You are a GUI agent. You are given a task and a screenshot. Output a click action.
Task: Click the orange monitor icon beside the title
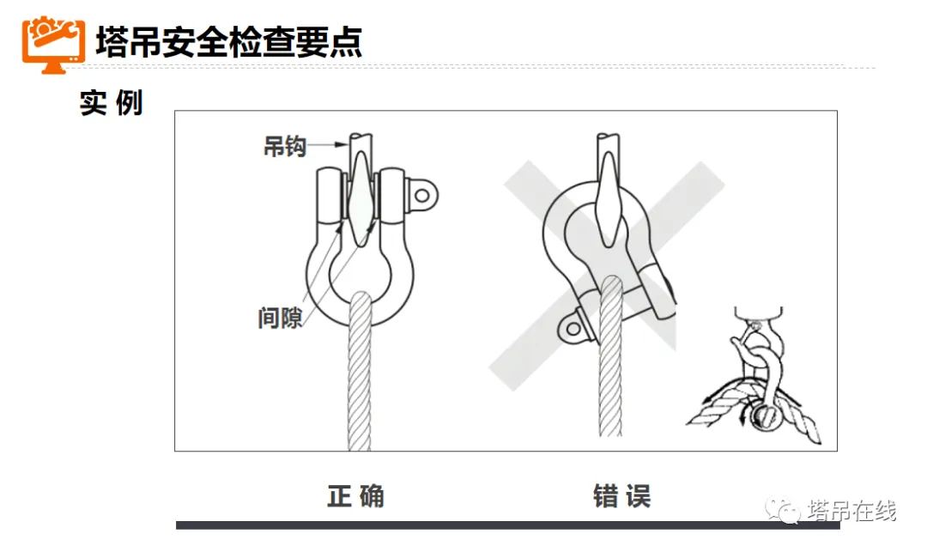coord(53,43)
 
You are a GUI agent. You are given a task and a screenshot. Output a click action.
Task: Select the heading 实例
coord(111,103)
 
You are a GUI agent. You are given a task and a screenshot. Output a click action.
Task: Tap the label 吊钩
coord(284,147)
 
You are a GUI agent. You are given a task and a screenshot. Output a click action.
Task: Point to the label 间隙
coord(280,317)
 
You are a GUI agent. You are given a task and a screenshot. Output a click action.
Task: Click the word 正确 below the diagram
coord(355,496)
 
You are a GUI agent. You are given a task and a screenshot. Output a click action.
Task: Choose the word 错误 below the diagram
coord(621,496)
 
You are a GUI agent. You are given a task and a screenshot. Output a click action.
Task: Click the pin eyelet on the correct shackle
coord(421,195)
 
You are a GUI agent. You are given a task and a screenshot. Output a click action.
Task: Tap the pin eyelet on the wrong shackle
coord(571,325)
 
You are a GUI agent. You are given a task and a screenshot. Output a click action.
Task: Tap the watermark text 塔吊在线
coord(852,512)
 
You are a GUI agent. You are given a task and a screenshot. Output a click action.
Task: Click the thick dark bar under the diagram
coord(506,525)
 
